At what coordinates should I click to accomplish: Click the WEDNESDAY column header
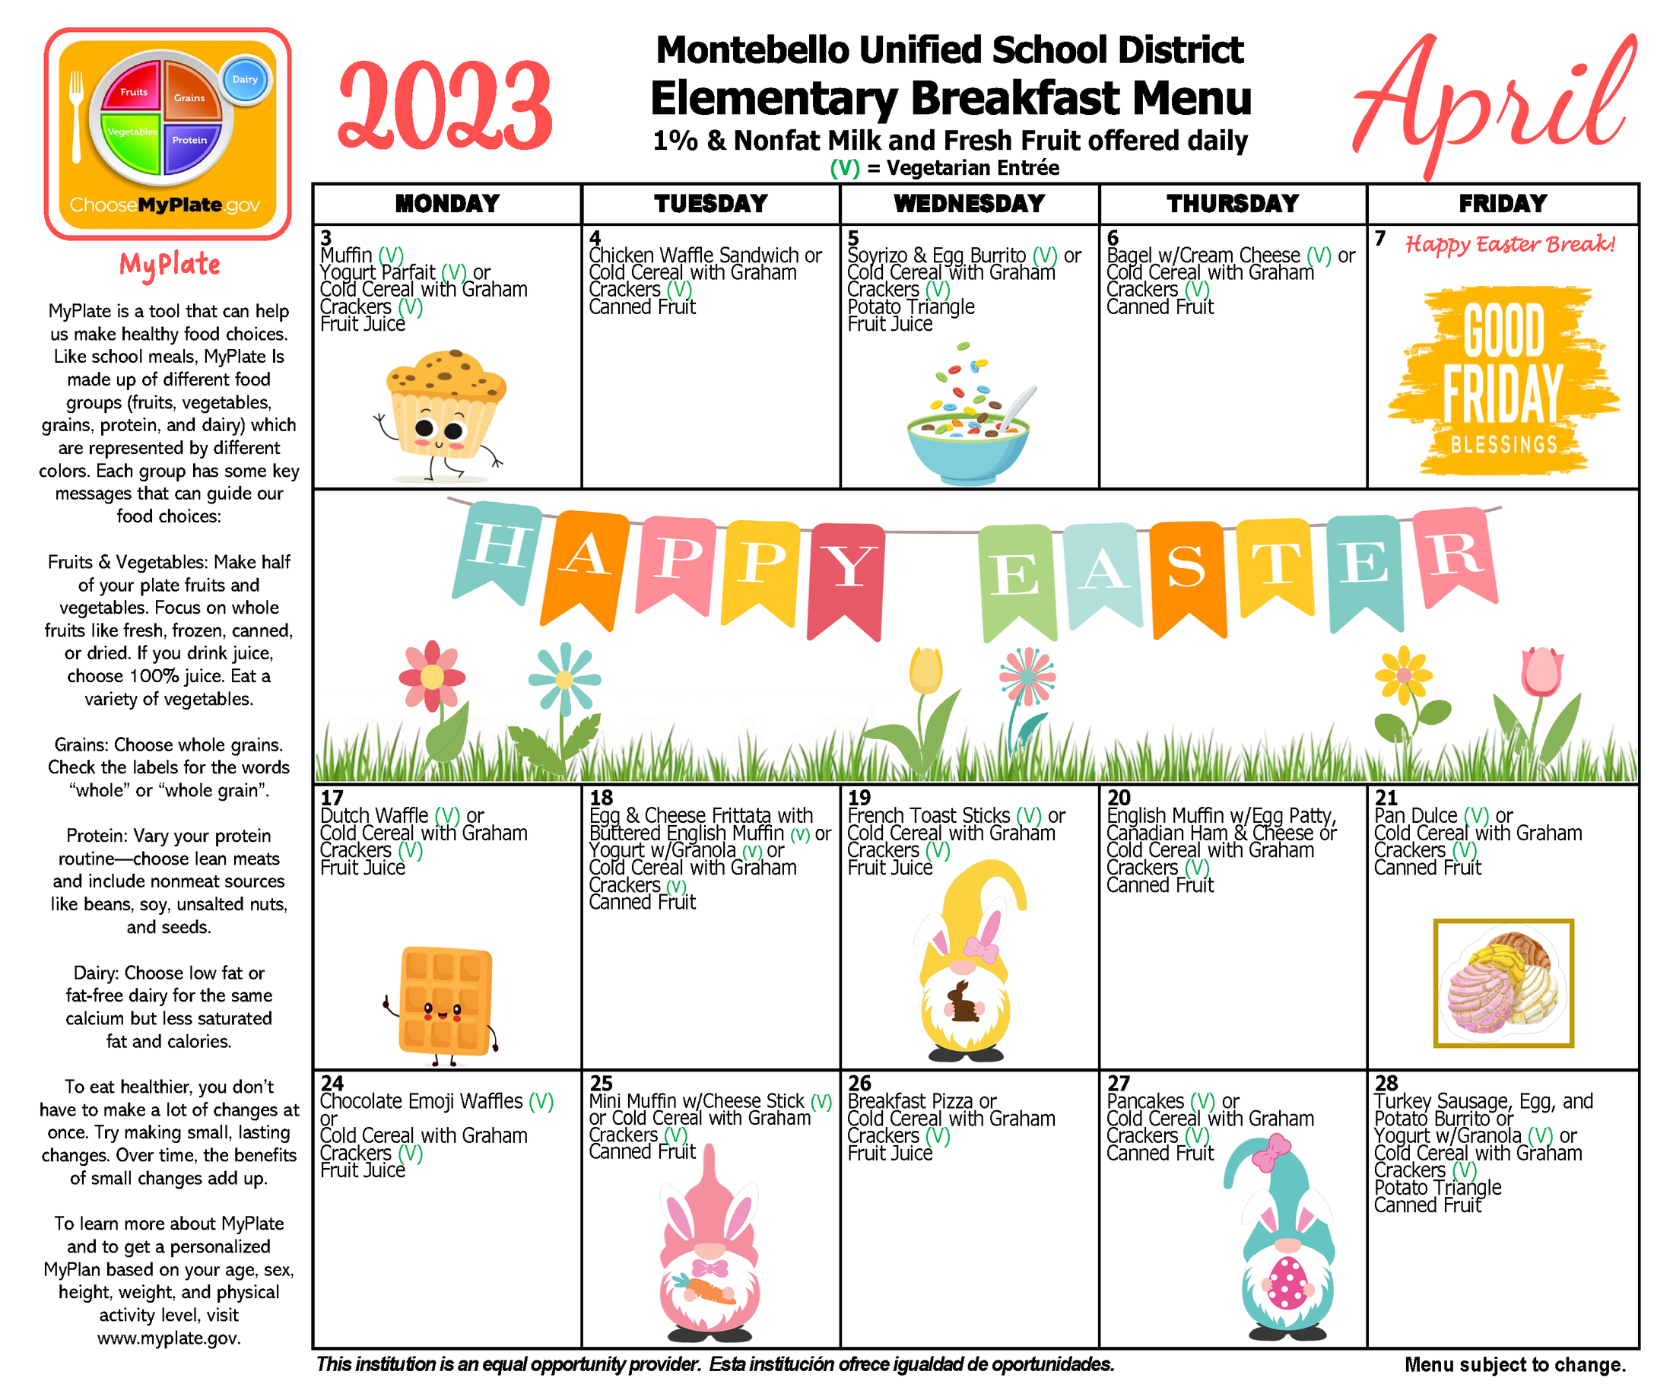[969, 204]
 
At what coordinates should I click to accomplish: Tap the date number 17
[332, 798]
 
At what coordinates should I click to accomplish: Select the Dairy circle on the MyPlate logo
[245, 80]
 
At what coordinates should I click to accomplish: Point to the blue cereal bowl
[967, 446]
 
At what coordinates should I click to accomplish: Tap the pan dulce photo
[1503, 983]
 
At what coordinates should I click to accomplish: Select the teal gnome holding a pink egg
[1285, 1251]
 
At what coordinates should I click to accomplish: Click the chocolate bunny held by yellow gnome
[963, 1003]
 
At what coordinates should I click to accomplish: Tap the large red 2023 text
[445, 107]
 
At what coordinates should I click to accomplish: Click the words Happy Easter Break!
[1510, 244]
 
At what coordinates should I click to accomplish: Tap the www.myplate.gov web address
[169, 1338]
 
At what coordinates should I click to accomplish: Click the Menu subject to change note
[1513, 1365]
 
